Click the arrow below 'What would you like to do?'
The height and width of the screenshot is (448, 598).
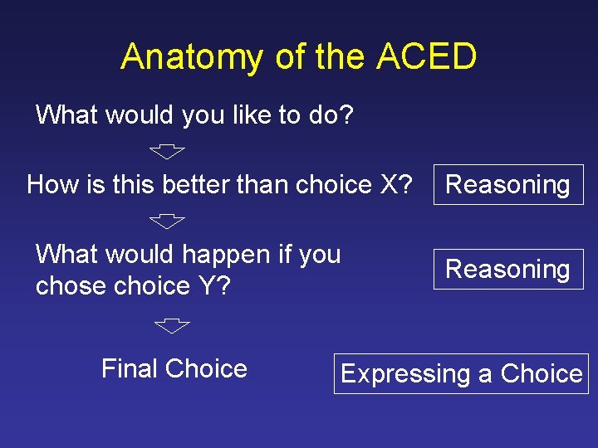click(x=168, y=151)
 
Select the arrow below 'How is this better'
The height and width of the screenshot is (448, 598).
click(x=168, y=222)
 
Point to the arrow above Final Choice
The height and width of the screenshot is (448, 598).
click(x=173, y=325)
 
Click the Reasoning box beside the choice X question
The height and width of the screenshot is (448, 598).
click(x=507, y=185)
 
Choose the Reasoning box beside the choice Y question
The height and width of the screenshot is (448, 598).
click(x=507, y=269)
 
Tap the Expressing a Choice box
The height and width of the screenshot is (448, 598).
click(x=461, y=374)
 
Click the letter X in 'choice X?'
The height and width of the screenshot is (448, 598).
click(x=390, y=184)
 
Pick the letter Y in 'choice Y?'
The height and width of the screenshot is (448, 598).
click(x=207, y=285)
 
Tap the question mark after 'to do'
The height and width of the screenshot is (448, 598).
click(x=346, y=114)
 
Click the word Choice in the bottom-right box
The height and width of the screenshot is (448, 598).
click(x=541, y=374)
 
